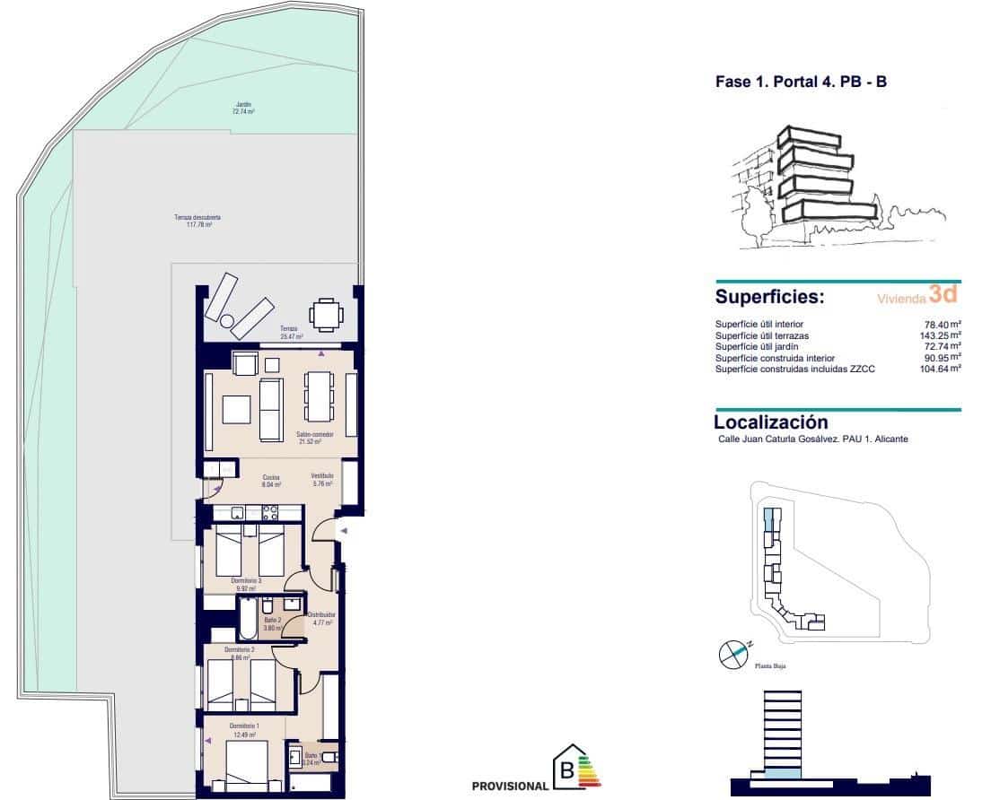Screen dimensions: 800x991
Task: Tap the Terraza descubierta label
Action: [197, 221]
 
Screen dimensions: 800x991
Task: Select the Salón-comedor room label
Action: [315, 438]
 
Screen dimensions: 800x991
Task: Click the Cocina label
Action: [271, 481]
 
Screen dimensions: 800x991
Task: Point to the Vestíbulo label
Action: [322, 479]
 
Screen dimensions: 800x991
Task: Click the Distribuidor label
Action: [321, 619]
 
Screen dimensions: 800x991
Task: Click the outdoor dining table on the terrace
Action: [324, 315]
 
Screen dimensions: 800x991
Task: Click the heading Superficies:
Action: [769, 297]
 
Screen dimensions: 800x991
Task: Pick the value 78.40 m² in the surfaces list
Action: [943, 324]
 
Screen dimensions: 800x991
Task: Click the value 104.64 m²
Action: [940, 368]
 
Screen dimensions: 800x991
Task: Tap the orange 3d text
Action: [943, 293]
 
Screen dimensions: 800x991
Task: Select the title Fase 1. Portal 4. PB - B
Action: [801, 83]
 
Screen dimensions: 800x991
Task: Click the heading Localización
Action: [770, 422]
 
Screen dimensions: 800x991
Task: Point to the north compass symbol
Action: [733, 654]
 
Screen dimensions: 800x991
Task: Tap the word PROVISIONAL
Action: [510, 786]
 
